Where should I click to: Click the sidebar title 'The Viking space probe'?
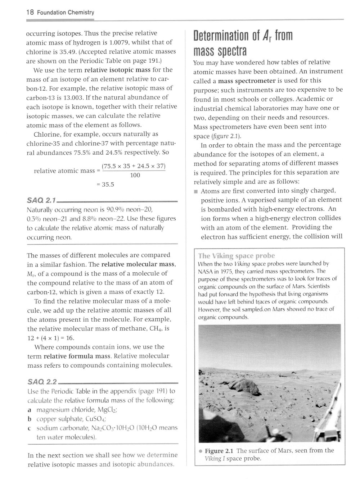237,256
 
